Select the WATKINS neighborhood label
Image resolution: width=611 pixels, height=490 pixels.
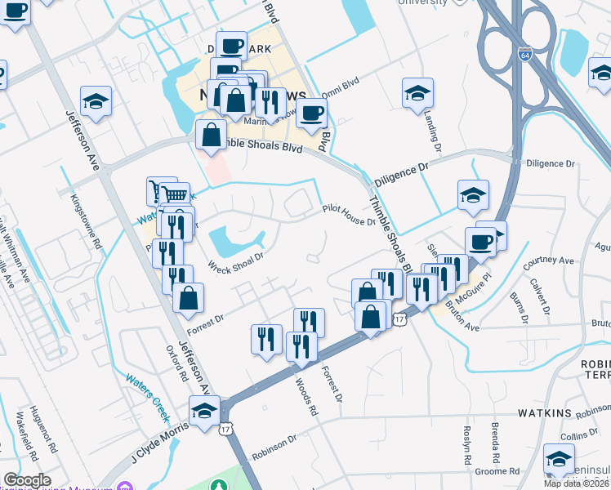[x=544, y=414]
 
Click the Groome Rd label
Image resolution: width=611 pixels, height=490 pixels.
[x=497, y=471]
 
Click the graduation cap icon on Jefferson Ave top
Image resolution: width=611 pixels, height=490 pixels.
[x=96, y=101]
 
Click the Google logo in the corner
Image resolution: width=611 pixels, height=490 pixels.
[x=26, y=480]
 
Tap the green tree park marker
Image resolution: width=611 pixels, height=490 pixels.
[x=219, y=485]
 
